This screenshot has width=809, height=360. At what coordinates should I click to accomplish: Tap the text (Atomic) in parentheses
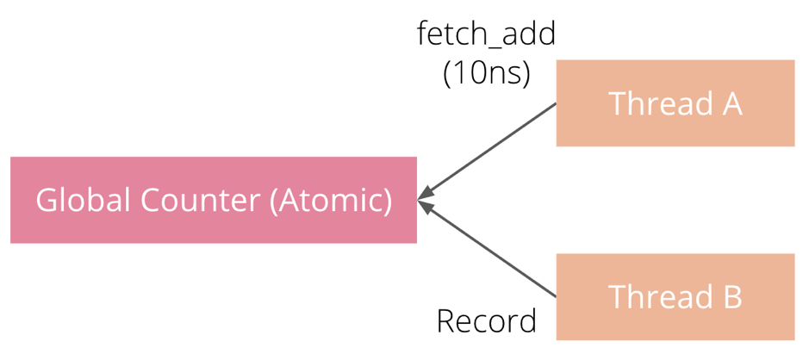coord(331,201)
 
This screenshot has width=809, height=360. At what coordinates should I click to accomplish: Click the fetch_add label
coord(486,34)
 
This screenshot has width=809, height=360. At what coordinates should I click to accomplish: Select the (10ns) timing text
coord(486,73)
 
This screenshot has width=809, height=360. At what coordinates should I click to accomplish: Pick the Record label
coord(486,321)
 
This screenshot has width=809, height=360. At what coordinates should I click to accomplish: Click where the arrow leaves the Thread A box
coord(555,105)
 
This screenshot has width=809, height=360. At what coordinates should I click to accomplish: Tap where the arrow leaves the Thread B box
coord(555,295)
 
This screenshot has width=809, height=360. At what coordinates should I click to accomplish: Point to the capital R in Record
coord(446,321)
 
